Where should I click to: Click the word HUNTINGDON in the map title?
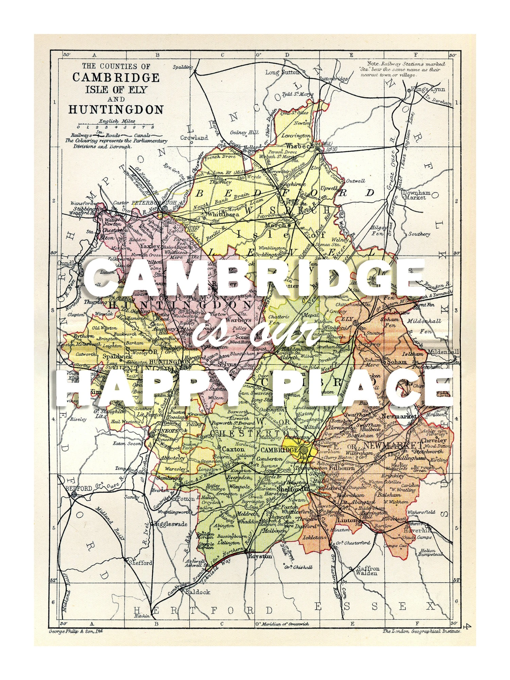pyautogui.click(x=116, y=110)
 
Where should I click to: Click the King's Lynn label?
pyautogui.click(x=427, y=90)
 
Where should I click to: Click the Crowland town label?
pyautogui.click(x=194, y=138)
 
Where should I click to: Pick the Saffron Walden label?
pyautogui.click(x=366, y=570)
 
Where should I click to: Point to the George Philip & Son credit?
pyautogui.click(x=76, y=631)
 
